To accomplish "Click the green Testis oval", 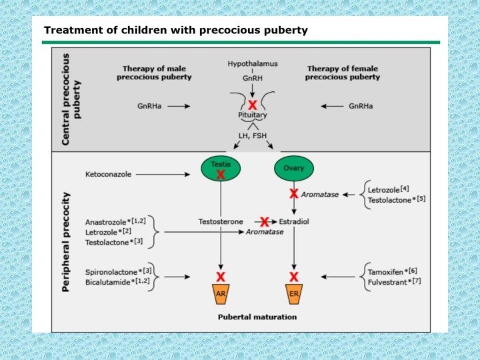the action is pos(221,168).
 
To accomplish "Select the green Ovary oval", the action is pos(294,168).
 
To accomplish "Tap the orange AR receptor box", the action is pos(221,294).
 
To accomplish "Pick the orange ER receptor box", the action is pos(294,294).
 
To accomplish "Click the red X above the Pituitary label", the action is pos(253,105).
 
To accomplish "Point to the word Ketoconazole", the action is pos(109,174).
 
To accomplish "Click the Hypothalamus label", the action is pos(253,64).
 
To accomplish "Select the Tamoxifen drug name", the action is pos(385,272).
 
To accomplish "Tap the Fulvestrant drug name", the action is pos(387,282).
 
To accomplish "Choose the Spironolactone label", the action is pos(111,272).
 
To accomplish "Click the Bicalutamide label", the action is pos(108,282).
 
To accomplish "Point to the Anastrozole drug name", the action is pos(105,222).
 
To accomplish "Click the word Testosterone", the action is pos(221,221).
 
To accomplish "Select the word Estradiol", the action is pos(294,221).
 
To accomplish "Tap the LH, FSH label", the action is pos(253,135).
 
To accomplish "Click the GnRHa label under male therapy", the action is pos(149,106).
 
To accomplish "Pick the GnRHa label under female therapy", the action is pos(361,106).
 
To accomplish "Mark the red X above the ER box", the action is pos(294,277).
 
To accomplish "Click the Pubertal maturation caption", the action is pos(257,317).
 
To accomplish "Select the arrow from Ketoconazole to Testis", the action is pos(163,175).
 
